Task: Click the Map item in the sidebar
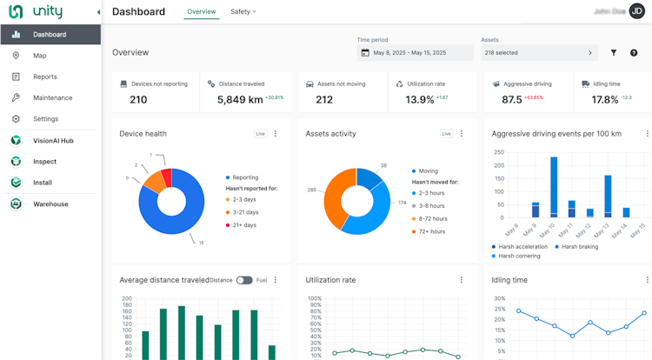(39, 56)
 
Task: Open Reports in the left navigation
(44, 77)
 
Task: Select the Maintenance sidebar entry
(52, 97)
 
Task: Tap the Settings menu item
(45, 119)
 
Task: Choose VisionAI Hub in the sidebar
(53, 140)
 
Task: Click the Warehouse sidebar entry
(50, 204)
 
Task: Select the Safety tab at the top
(243, 12)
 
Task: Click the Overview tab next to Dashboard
(202, 12)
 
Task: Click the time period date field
(415, 53)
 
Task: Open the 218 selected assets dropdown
(539, 53)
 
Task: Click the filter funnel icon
(613, 53)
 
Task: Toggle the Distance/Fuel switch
(244, 280)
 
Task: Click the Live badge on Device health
(260, 134)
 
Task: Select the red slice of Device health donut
(166, 177)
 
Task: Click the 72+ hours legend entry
(431, 231)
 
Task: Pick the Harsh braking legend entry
(580, 247)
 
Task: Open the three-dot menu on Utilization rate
(462, 280)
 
